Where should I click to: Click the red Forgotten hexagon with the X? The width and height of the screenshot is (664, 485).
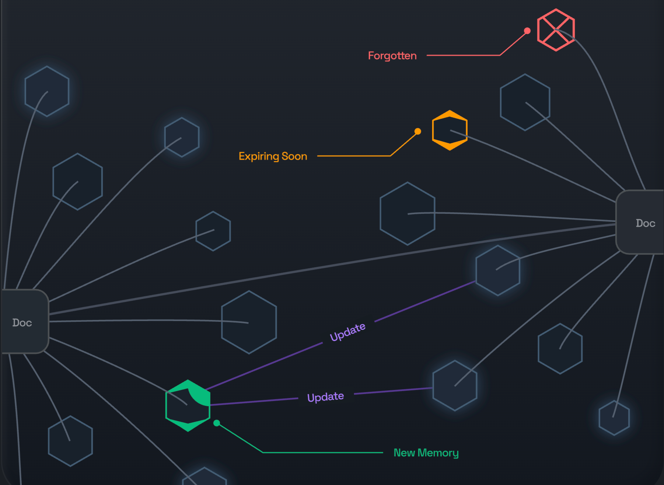click(556, 30)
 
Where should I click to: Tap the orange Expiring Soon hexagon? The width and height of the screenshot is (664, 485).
click(450, 130)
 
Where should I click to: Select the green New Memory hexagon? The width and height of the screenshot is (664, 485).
click(188, 405)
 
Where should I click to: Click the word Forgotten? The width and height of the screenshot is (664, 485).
click(392, 56)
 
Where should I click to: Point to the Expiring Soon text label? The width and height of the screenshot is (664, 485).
click(273, 156)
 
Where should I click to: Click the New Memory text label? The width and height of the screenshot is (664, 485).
click(426, 453)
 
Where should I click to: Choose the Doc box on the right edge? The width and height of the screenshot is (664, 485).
click(641, 222)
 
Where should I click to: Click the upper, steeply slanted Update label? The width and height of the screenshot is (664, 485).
click(347, 332)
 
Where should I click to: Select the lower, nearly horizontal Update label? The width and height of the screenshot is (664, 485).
click(325, 397)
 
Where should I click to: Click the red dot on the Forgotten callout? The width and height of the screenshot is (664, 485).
click(527, 31)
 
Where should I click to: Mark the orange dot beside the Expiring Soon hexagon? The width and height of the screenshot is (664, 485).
click(417, 131)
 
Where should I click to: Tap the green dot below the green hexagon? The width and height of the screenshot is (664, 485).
click(217, 423)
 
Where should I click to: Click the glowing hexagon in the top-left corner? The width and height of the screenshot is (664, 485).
click(47, 91)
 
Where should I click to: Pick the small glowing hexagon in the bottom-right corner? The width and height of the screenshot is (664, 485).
click(614, 418)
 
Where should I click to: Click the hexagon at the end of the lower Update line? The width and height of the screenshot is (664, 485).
click(455, 385)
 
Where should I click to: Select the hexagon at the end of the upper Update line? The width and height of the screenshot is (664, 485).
click(497, 271)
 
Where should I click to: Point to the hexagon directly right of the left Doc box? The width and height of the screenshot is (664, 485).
click(249, 322)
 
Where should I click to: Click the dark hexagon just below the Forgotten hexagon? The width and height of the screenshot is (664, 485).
click(525, 102)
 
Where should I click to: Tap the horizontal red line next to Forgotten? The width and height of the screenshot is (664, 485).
click(463, 55)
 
